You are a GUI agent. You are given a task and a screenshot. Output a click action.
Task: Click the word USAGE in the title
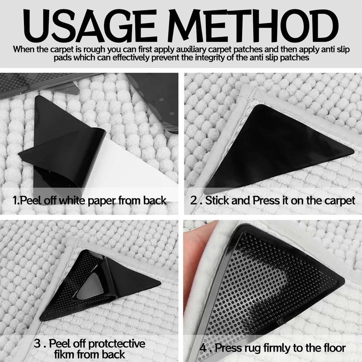(x=89, y=26)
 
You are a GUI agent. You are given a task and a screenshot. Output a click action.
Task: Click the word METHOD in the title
(x=253, y=26)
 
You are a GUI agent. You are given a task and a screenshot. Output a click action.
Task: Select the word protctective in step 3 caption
(x=117, y=344)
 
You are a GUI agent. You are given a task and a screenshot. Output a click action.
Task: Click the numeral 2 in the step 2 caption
(x=194, y=200)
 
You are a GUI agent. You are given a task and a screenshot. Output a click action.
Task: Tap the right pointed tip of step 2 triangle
(x=353, y=151)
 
